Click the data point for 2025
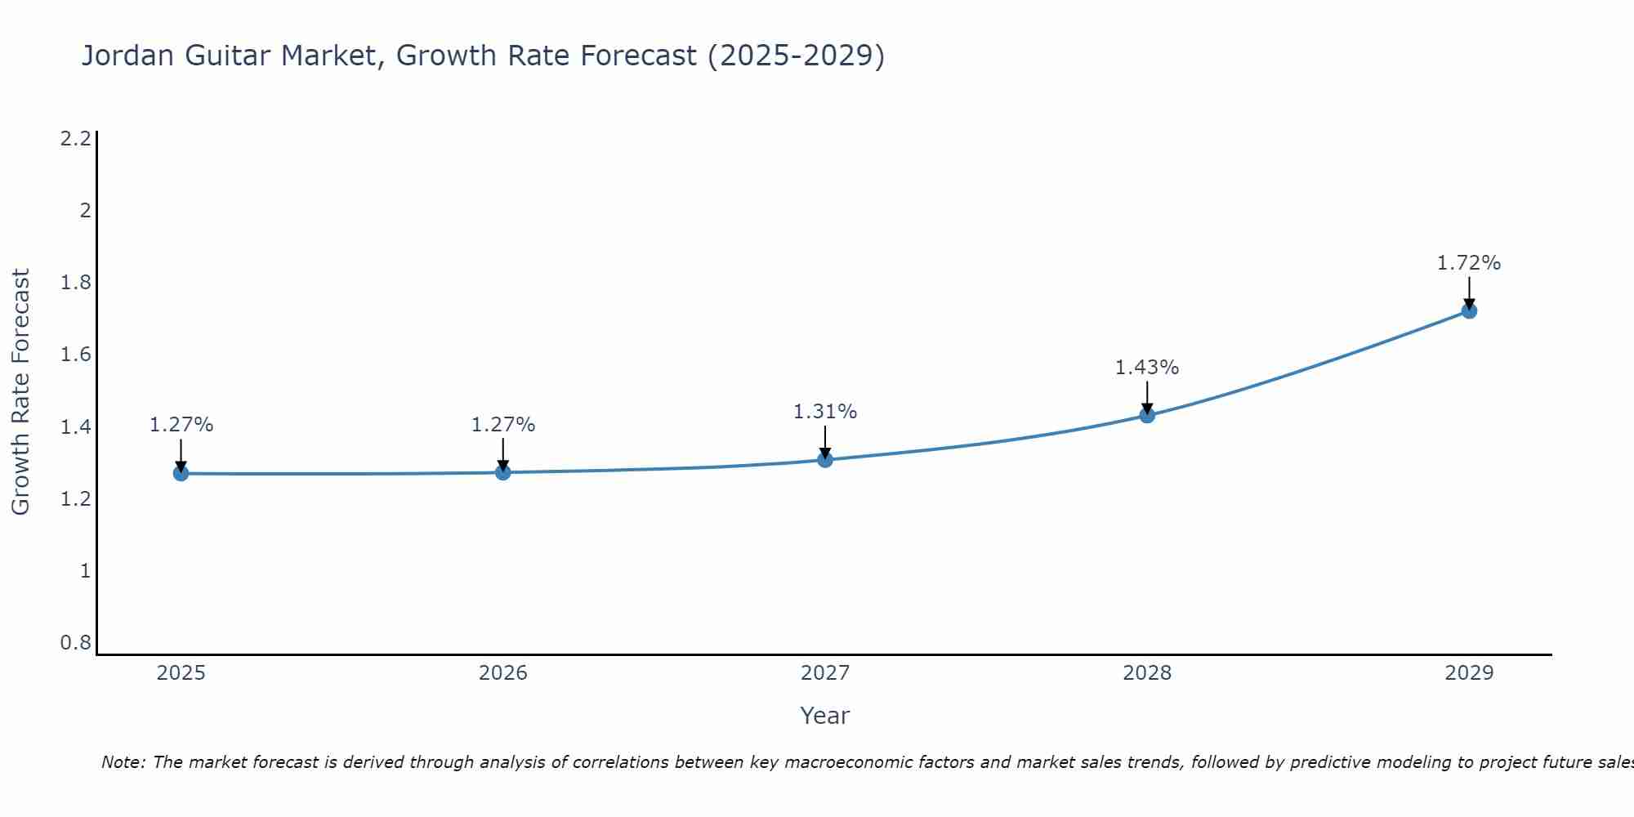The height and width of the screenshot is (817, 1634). click(181, 473)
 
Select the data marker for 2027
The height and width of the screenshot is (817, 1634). click(824, 459)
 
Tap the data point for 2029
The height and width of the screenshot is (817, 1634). click(1468, 310)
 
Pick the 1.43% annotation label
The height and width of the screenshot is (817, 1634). click(1146, 368)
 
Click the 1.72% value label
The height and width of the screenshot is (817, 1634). click(1468, 263)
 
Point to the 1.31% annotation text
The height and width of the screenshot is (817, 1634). click(824, 412)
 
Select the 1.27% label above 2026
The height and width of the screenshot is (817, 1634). click(502, 425)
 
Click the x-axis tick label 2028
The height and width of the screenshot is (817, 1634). click(1146, 673)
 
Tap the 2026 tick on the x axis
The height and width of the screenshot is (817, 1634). click(502, 673)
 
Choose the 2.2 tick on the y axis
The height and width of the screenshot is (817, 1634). click(75, 139)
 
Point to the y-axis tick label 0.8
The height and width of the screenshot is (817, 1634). click(75, 643)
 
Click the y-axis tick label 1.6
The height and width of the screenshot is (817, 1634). click(75, 355)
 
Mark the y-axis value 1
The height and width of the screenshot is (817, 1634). click(85, 571)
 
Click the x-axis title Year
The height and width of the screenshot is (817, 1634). click(824, 716)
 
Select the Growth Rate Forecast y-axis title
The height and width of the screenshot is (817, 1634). click(20, 392)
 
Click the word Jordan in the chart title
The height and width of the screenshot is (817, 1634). click(128, 56)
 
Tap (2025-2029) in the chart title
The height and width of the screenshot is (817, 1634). click(796, 56)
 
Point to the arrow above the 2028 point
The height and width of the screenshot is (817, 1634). click(1146, 397)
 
